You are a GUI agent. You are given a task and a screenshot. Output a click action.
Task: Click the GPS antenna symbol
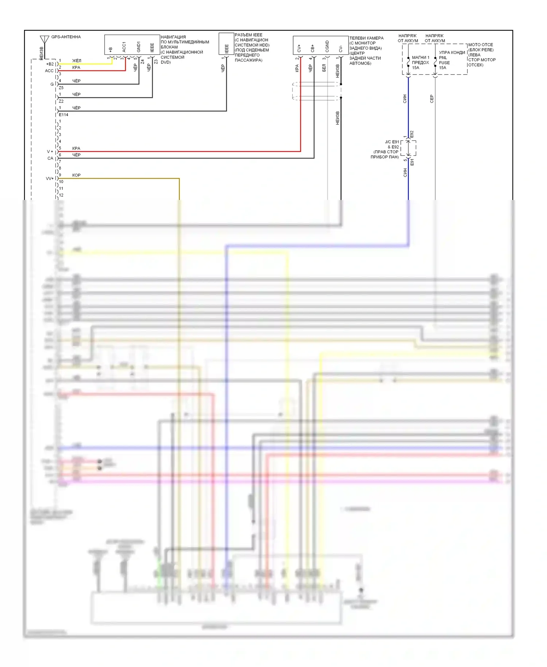coord(44,39)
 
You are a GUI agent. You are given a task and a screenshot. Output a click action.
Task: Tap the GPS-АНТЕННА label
coord(66,37)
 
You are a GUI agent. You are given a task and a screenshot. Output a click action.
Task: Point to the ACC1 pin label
coord(124,47)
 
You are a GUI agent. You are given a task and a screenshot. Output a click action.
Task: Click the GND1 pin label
coord(139,46)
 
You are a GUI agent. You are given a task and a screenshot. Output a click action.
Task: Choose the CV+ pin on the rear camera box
coord(299,48)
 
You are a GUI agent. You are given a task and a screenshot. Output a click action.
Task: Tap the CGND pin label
coord(327,46)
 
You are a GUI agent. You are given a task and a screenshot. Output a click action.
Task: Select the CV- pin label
coord(341,48)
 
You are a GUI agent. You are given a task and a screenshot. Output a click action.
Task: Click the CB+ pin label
coord(313,48)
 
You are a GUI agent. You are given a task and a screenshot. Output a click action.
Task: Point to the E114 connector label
coord(63,115)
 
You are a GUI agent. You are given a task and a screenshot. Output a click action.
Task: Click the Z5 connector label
coord(61,88)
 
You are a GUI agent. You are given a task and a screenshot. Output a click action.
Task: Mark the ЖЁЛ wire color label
coord(77,61)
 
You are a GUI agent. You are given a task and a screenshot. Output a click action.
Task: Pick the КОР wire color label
coord(76,175)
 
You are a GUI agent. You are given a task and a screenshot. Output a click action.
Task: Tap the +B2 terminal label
coord(50,64)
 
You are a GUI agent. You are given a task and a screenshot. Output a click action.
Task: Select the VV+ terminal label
coord(50,178)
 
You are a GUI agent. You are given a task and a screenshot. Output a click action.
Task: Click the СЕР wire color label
coord(432,99)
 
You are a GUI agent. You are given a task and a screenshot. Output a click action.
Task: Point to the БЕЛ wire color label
coord(324,68)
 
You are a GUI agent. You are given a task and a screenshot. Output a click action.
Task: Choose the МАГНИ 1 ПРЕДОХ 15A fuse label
coord(420,62)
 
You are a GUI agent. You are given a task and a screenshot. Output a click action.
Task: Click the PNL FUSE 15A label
coord(444,62)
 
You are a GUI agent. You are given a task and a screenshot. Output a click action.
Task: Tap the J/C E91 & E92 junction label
coord(388,149)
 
